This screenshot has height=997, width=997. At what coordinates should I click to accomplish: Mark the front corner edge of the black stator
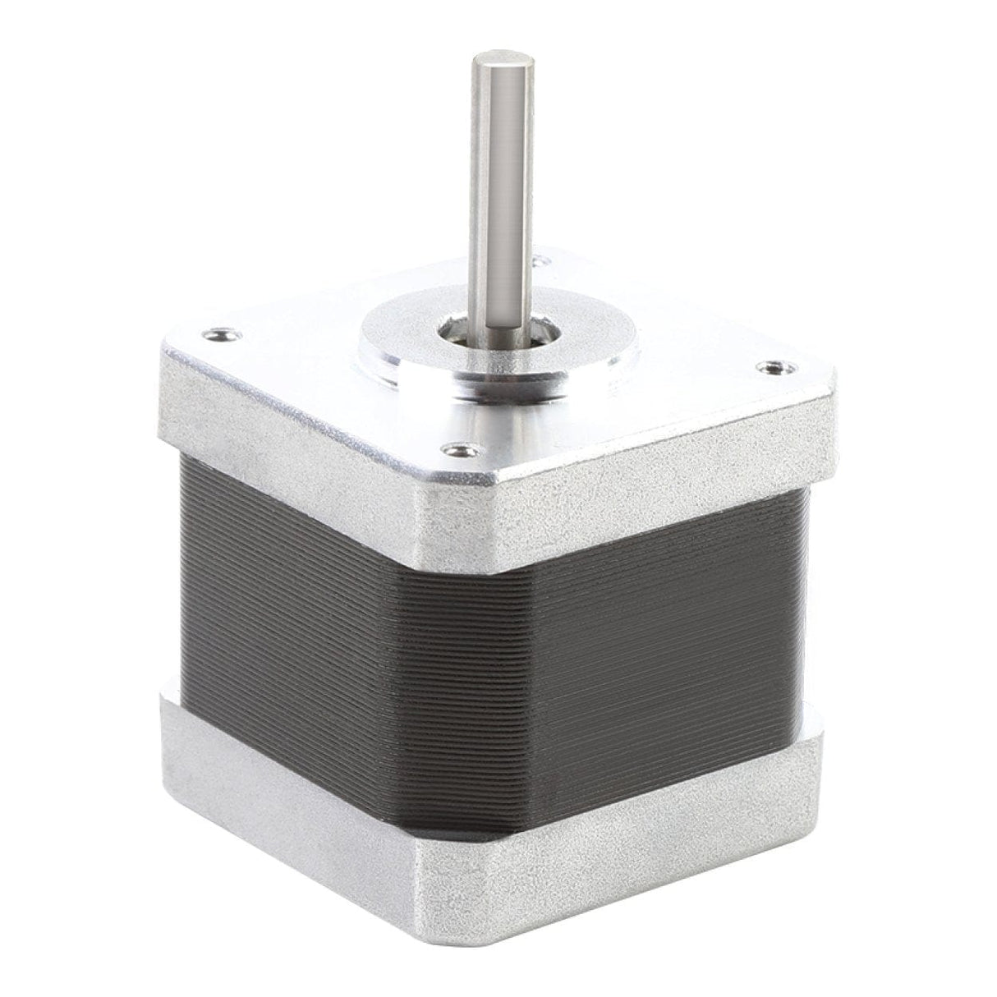point(456,698)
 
